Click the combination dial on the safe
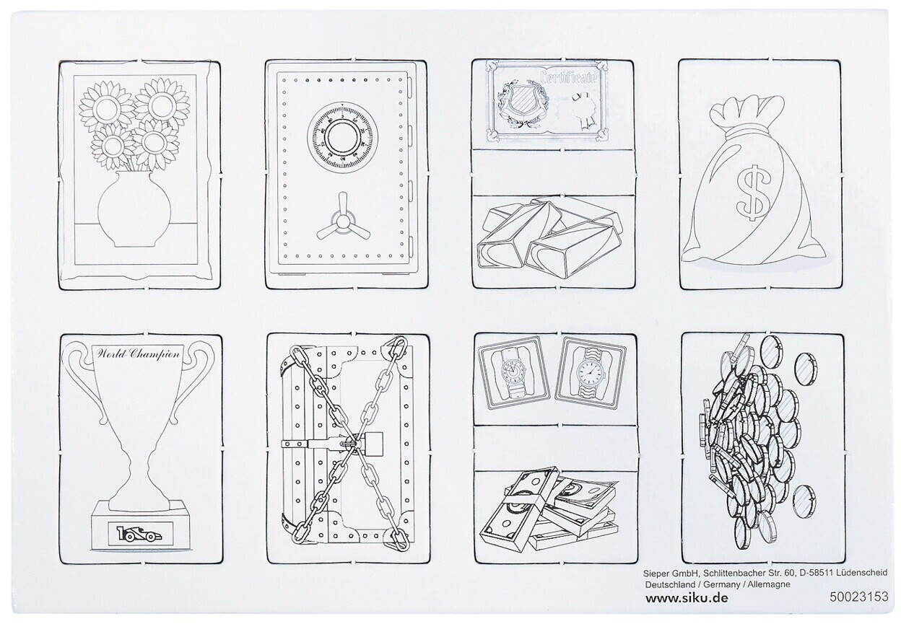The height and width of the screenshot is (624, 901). [341, 136]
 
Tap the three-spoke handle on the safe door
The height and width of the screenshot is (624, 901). [341, 221]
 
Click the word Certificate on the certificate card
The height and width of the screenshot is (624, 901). [568, 77]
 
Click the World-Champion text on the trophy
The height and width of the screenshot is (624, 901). [136, 355]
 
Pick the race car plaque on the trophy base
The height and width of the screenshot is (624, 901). [140, 535]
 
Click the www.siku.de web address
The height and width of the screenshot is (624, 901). [687, 597]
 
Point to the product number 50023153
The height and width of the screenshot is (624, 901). [859, 597]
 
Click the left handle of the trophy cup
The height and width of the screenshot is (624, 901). [86, 386]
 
